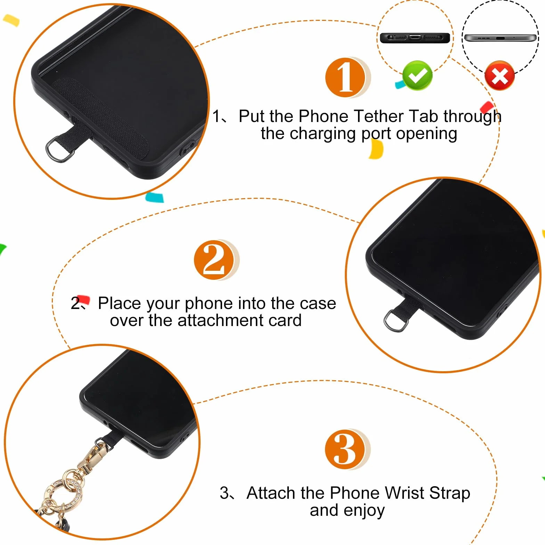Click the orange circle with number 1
click(345, 77)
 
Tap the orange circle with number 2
click(214, 260)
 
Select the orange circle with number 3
click(345, 449)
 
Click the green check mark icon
click(417, 75)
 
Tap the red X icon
click(500, 76)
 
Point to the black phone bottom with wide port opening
click(415, 38)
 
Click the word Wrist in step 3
click(405, 493)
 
